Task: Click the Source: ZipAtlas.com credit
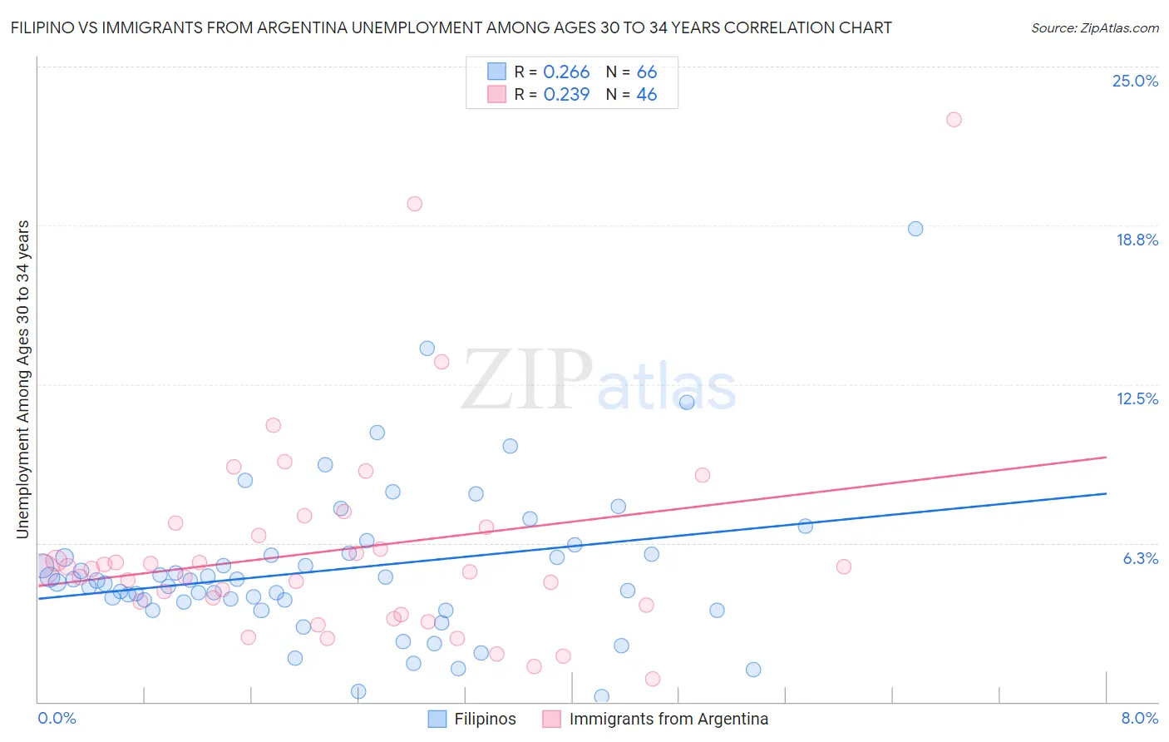pos(1094,27)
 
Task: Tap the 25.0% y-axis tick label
pos(1135,81)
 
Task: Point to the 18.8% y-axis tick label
pos(1137,240)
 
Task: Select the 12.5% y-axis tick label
pos(1137,398)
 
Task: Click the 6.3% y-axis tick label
pos(1140,558)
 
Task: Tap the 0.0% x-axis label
pos(57,718)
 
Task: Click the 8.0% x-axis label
pos(1139,718)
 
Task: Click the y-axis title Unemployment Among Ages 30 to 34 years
pos(22,379)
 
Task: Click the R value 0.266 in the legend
pos(566,72)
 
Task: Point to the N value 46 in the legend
pos(646,95)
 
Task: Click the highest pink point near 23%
pos(954,120)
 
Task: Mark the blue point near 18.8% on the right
pos(915,229)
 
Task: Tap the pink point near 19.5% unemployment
pos(414,204)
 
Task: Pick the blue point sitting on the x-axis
pos(601,696)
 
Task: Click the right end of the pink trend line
pos(1106,458)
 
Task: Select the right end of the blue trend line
pos(1106,493)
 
